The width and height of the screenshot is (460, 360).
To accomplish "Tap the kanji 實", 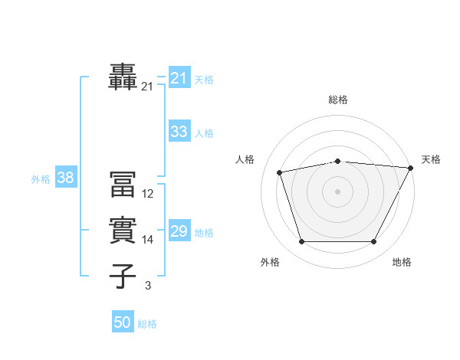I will tap(123, 230).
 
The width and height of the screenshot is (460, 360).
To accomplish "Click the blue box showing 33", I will tap(179, 132).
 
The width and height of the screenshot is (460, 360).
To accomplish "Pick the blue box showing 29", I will tap(179, 231).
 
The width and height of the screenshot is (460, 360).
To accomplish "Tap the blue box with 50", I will tap(123, 322).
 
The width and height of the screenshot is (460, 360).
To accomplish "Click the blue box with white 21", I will tap(179, 78).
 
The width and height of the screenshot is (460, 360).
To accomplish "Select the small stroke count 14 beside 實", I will tap(148, 240).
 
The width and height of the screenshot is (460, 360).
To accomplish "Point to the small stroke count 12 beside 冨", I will tap(148, 194).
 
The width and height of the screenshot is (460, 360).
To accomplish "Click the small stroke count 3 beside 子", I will tap(148, 286).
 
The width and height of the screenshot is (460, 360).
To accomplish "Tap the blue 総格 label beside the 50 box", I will tap(147, 324).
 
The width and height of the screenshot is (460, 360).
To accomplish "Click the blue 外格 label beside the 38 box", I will tap(41, 179).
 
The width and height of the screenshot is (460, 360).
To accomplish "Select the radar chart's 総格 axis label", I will tap(338, 100).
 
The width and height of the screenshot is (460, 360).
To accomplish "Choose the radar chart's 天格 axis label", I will tap(431, 159).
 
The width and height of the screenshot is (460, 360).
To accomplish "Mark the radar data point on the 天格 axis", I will tap(410, 168).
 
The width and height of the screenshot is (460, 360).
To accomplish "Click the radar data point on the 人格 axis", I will tap(280, 172).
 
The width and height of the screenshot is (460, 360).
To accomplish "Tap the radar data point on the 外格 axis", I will tap(301, 242).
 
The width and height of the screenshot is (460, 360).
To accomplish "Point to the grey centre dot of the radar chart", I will tap(338, 191).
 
